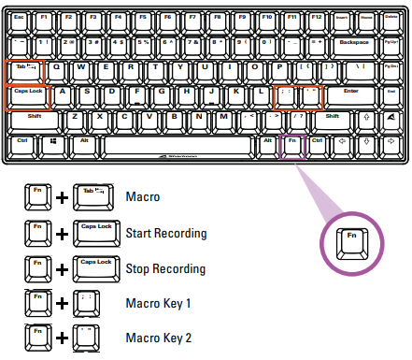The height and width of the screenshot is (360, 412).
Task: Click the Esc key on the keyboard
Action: coord(19,18)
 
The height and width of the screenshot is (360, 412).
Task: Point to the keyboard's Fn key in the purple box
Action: coord(292,142)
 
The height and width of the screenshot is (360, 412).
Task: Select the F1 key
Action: coord(44,18)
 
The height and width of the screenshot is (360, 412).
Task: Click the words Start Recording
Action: coord(166,233)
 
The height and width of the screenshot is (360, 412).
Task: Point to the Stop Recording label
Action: coord(165,268)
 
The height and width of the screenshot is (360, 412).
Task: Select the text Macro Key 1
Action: coord(158,303)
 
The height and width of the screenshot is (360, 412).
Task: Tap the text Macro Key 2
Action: coord(158,337)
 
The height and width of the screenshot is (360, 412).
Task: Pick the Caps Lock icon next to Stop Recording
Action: coord(93,269)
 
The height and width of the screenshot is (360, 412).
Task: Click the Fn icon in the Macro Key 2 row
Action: coord(37,338)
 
